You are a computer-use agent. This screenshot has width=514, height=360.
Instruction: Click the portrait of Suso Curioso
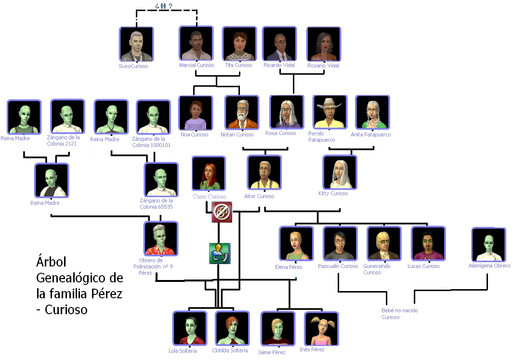pyautogui.click(x=136, y=44)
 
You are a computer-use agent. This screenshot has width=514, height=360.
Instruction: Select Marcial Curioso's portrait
pyautogui.click(x=196, y=43)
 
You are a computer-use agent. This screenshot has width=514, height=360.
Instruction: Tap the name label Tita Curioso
pyautogui.click(x=238, y=65)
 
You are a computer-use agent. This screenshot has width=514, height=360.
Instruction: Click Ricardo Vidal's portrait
pyautogui.click(x=279, y=43)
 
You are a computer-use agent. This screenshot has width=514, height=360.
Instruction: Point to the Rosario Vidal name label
pyautogui.click(x=323, y=66)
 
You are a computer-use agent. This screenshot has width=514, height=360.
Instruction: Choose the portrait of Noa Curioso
pyautogui.click(x=196, y=113)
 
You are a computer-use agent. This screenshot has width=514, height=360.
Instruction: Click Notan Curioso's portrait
pyautogui.click(x=242, y=112)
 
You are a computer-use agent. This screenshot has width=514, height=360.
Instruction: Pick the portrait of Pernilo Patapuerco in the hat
pyautogui.click(x=330, y=112)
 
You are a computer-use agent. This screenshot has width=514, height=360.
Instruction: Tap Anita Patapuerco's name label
pyautogui.click(x=371, y=134)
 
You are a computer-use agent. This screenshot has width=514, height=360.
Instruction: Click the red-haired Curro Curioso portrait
pyautogui.click(x=209, y=173)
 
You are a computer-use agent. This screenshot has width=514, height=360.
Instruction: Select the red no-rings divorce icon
pyautogui.click(x=222, y=212)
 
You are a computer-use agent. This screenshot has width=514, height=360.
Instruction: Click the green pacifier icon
pyautogui.click(x=220, y=253)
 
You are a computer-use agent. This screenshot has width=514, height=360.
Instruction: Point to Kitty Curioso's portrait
pyautogui.click(x=340, y=173)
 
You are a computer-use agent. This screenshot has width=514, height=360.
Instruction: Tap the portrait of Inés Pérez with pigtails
pyautogui.click(x=321, y=329)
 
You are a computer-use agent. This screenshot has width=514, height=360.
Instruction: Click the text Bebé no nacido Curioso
pyautogui.click(x=400, y=314)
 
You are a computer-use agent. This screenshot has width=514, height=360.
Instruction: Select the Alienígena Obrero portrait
pyautogui.click(x=488, y=245)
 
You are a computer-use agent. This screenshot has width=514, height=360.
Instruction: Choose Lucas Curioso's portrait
pyautogui.click(x=428, y=243)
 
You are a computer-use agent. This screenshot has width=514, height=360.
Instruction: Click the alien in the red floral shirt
pyautogui.click(x=161, y=239)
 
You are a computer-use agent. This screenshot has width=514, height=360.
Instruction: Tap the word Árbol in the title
pyautogui.click(x=51, y=262)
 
